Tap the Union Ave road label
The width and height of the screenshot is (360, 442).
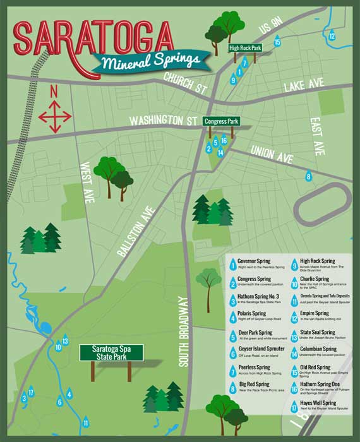pos(272,152)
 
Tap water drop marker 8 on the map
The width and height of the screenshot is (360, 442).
pos(309,177)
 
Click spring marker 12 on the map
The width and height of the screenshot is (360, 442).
pos(332,35)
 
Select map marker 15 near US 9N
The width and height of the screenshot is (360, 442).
pos(277,42)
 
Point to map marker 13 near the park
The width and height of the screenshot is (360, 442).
pos(65,342)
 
